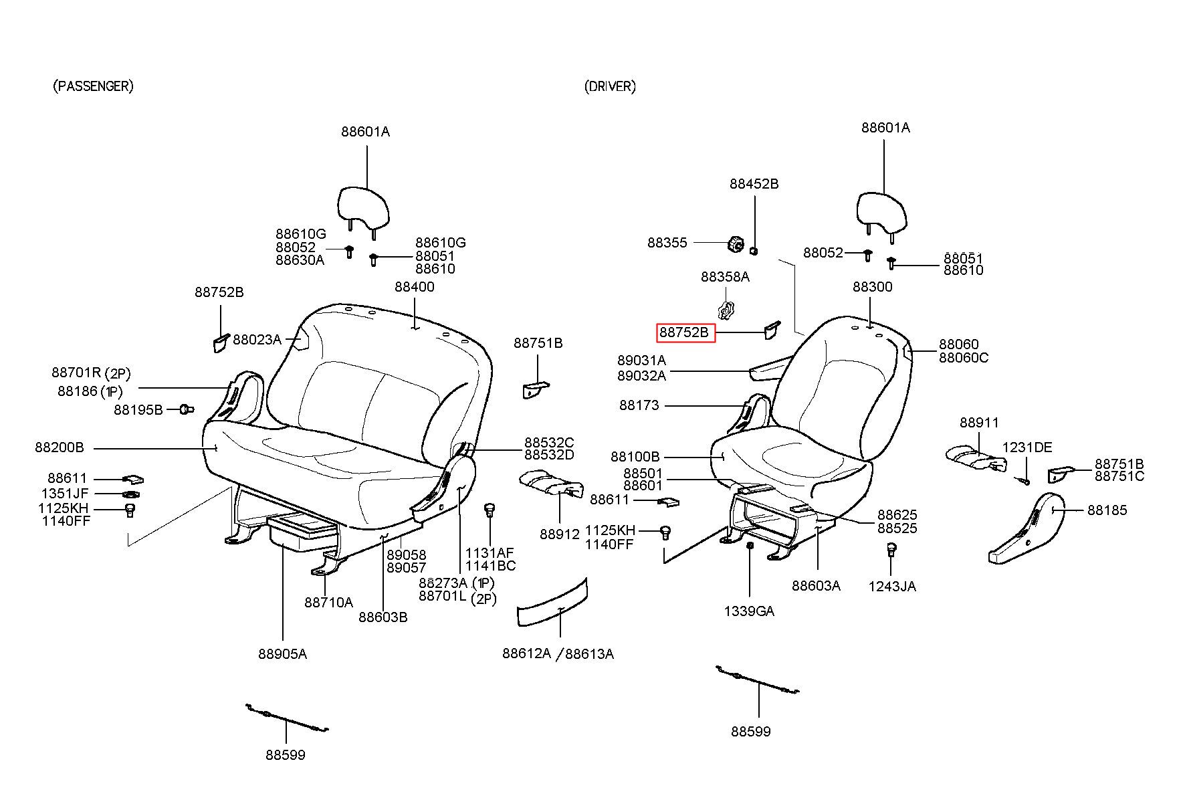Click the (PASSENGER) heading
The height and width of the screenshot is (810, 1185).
(93, 86)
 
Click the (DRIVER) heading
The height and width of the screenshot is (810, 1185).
(610, 86)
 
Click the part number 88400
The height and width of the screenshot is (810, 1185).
(415, 287)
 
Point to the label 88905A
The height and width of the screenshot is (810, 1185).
(283, 654)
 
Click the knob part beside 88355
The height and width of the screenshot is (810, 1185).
(735, 244)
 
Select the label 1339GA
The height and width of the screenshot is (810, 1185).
(749, 611)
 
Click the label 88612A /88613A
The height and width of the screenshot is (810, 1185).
(558, 653)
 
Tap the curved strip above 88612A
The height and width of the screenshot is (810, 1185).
(553, 603)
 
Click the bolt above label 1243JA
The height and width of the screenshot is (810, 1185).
(891, 550)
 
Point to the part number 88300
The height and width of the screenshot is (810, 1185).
(873, 287)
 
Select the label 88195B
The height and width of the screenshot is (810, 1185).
(138, 409)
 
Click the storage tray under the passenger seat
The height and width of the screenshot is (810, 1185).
(303, 532)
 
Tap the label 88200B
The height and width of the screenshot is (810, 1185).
(60, 447)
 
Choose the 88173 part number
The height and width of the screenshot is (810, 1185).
(639, 405)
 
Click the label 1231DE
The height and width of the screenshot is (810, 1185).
(1027, 447)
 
